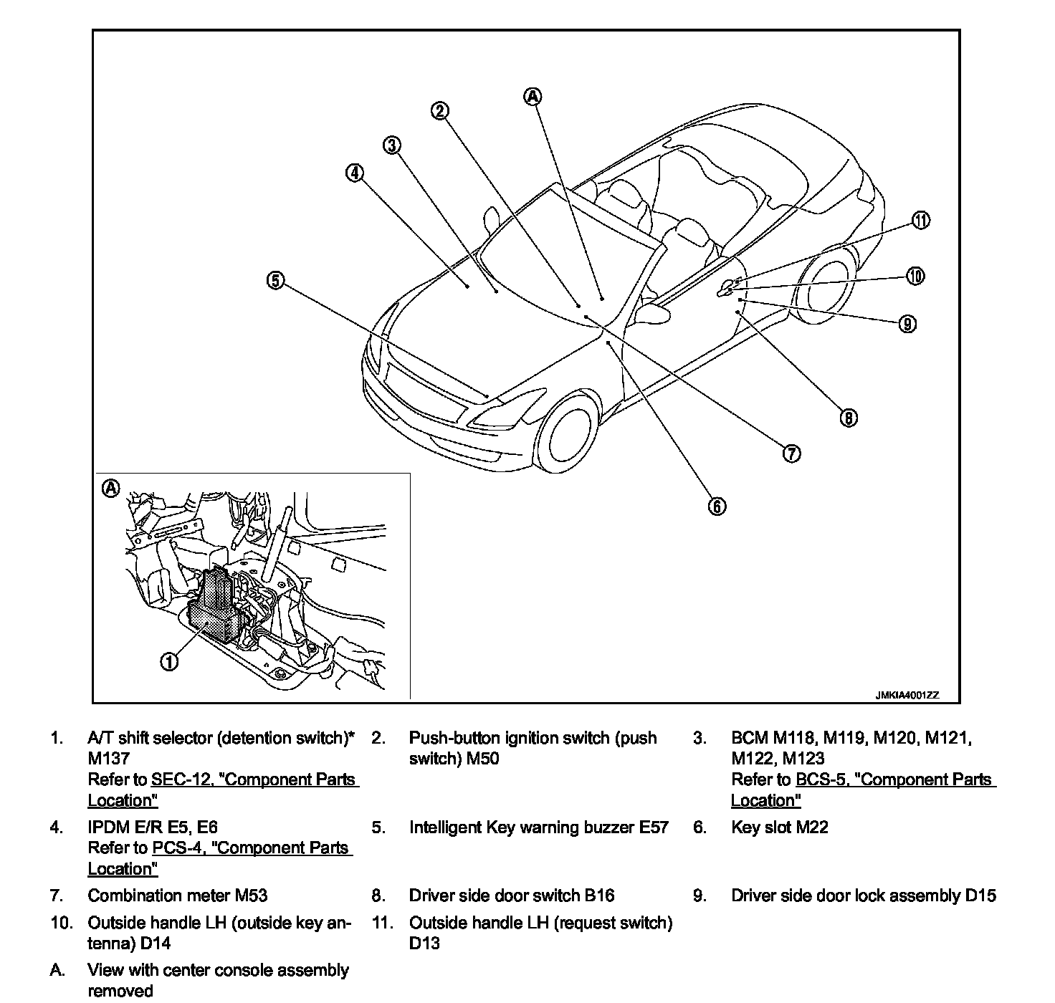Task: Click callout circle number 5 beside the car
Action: point(275,281)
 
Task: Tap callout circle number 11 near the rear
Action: point(921,221)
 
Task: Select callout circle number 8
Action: point(848,418)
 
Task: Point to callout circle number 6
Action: point(717,506)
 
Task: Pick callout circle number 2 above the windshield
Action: point(440,110)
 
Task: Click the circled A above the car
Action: point(533,96)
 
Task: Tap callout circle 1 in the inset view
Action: point(169,661)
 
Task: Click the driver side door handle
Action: point(727,288)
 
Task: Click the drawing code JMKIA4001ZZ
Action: point(906,695)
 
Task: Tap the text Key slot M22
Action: point(779,827)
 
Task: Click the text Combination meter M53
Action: point(177,896)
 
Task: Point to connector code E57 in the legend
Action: point(653,827)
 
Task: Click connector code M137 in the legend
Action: point(108,758)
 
